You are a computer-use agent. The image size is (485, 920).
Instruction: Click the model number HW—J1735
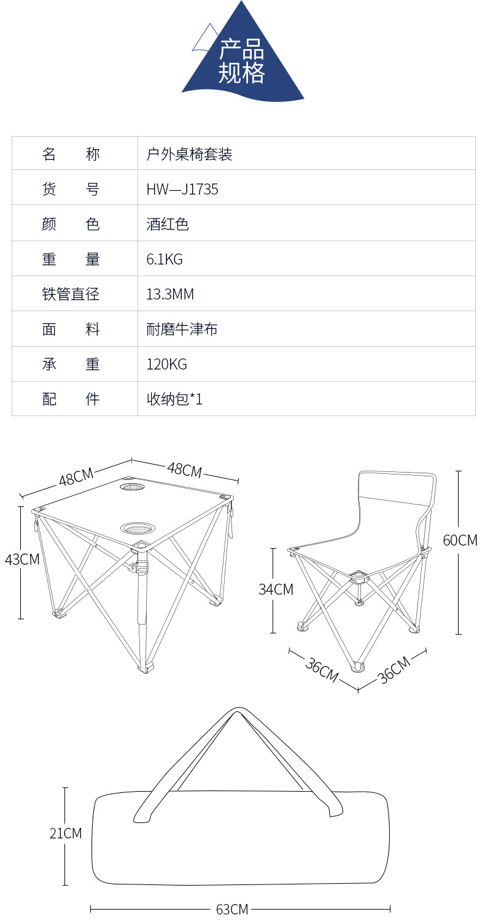(x=182, y=190)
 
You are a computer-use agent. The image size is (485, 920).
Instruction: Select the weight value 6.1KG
(x=164, y=260)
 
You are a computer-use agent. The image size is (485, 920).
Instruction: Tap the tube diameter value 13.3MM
(x=169, y=295)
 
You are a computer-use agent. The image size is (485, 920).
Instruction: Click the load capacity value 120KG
(x=166, y=365)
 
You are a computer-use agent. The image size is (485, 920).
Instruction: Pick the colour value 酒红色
(x=167, y=225)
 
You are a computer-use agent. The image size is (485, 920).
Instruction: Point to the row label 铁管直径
(x=71, y=295)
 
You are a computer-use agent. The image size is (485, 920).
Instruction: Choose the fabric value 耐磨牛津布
(x=182, y=330)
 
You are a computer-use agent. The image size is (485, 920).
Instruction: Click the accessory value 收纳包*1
(x=174, y=400)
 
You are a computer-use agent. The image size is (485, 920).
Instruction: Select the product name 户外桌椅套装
(x=189, y=154)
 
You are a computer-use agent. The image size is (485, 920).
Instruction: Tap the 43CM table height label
(x=21, y=560)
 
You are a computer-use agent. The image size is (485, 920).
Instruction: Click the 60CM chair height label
(x=460, y=541)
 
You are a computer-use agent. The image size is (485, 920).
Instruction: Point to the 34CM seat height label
(x=276, y=590)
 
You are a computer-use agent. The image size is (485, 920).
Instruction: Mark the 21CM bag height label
(x=66, y=833)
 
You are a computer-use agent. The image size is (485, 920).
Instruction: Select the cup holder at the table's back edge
(x=132, y=487)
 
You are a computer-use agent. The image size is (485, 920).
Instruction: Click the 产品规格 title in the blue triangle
(x=242, y=61)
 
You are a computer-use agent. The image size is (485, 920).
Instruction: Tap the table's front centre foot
(x=146, y=668)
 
